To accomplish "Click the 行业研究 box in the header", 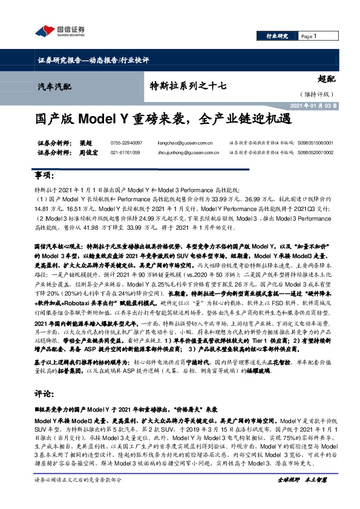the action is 277,37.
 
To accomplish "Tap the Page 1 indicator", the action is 309,37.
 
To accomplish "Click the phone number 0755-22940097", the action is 126,143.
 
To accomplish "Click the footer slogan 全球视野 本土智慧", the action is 302,496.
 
